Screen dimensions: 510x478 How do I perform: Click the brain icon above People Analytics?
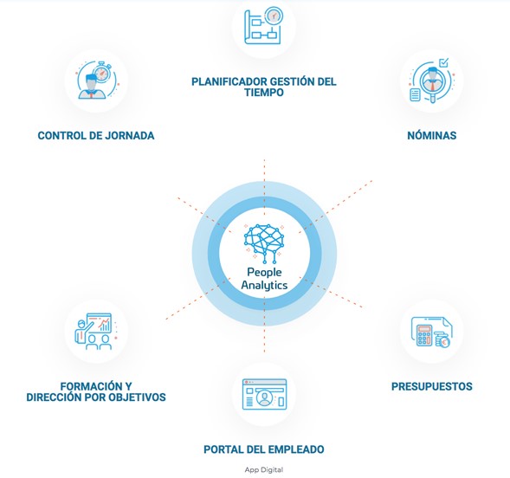tap(264, 243)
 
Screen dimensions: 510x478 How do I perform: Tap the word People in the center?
tap(264, 272)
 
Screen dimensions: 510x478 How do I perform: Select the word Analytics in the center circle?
tap(264, 285)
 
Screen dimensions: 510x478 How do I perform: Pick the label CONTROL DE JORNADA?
tap(96, 135)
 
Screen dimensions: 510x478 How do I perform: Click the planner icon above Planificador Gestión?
tap(263, 26)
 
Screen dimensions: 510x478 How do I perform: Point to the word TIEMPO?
tap(264, 93)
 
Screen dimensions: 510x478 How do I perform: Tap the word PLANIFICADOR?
tap(229, 81)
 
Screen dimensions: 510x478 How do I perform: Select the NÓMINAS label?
tap(432, 135)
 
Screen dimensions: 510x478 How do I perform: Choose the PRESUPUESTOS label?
tap(431, 386)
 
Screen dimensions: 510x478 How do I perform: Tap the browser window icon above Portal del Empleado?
tap(264, 394)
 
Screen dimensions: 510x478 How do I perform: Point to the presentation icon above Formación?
tap(95, 332)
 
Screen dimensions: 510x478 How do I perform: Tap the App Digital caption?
tap(264, 469)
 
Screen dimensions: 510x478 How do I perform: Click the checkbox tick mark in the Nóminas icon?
tap(443, 62)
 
